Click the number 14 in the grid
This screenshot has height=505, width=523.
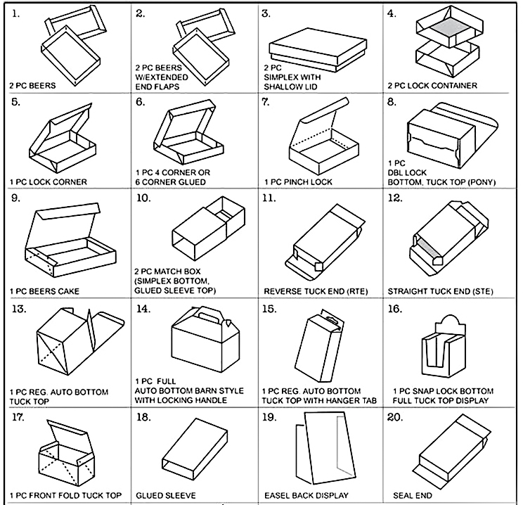pos(143,309)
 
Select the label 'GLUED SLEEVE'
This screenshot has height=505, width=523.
pos(166,495)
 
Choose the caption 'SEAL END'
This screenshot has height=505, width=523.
pos(412,495)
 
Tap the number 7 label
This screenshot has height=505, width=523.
pos(266,102)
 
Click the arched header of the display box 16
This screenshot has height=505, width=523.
pos(450,324)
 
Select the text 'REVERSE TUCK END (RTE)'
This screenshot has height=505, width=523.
pos(316,291)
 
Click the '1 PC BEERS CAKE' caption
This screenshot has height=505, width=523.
pos(44,291)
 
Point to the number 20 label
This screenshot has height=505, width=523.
pos(395,417)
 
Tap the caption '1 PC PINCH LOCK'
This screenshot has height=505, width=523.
pos(298,182)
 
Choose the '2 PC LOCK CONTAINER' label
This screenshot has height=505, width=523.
pos(432,86)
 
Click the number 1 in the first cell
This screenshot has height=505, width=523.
pos(15,13)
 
